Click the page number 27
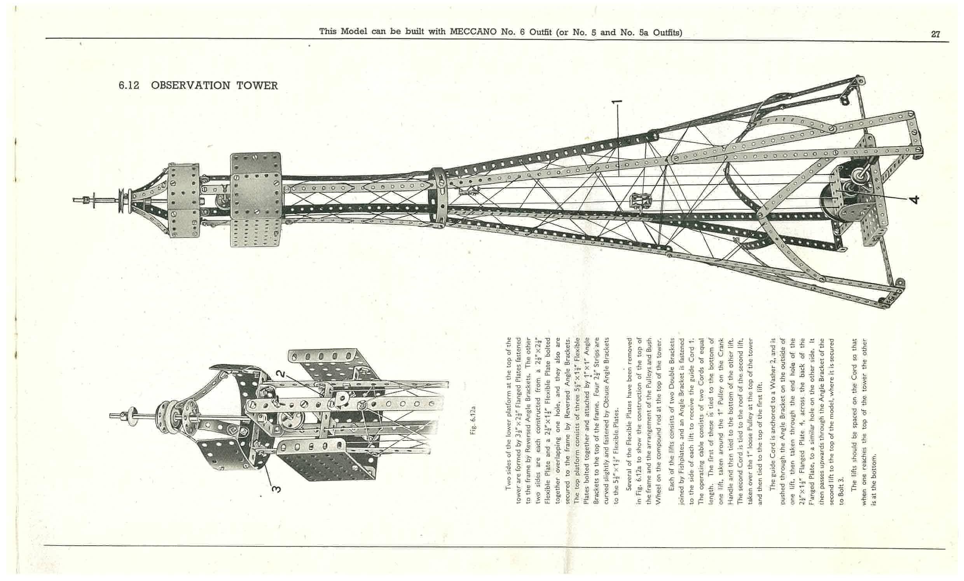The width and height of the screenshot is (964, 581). pyautogui.click(x=935, y=35)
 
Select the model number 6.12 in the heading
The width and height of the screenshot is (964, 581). pyautogui.click(x=129, y=85)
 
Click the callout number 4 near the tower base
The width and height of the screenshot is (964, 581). pyautogui.click(x=914, y=199)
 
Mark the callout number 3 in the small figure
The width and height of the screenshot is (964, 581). pyautogui.click(x=276, y=489)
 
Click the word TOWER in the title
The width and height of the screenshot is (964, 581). pyautogui.click(x=257, y=85)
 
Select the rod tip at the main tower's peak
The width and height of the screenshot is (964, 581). pyautogui.click(x=74, y=200)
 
